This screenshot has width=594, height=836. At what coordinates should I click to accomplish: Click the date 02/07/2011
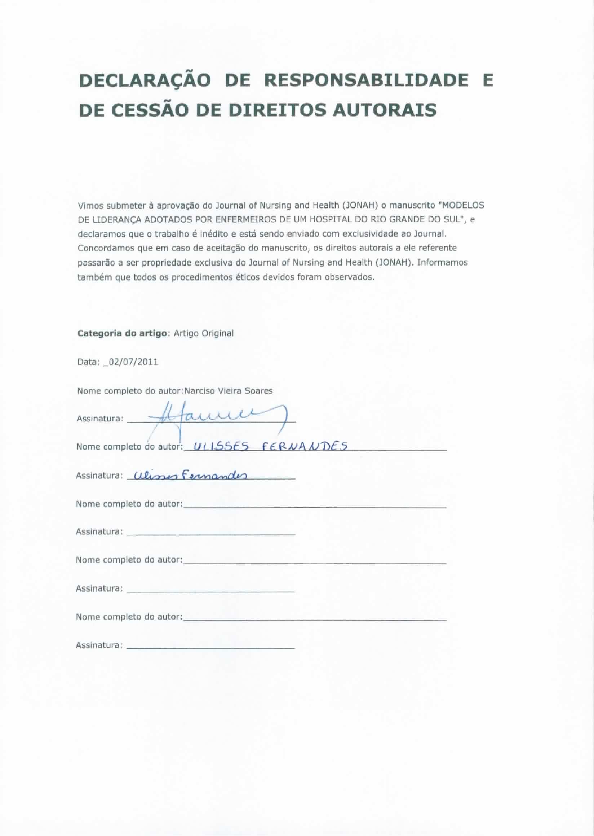click(x=133, y=362)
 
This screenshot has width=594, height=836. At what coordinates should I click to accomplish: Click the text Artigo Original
click(x=203, y=333)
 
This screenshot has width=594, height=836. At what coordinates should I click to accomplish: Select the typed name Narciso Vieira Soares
click(x=229, y=391)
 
